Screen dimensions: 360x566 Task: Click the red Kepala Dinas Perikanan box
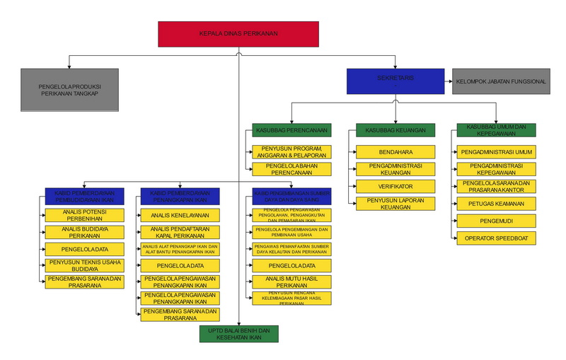pyautogui.click(x=238, y=33)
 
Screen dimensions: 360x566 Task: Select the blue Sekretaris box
pyautogui.click(x=395, y=80)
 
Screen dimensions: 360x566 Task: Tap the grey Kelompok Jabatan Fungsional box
pyautogui.click(x=501, y=81)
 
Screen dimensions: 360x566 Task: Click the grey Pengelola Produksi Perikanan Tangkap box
pyautogui.click(x=69, y=89)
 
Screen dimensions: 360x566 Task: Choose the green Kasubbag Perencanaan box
pyautogui.click(x=291, y=130)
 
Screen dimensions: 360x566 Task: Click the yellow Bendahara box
pyautogui.click(x=395, y=151)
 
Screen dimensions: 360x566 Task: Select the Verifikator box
pyautogui.click(x=395, y=186)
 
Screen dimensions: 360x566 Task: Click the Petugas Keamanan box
pyautogui.click(x=496, y=203)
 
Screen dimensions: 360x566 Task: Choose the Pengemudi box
pyautogui.click(x=496, y=221)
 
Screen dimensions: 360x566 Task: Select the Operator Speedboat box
pyautogui.click(x=496, y=238)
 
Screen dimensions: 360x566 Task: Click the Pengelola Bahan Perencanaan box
pyautogui.click(x=291, y=168)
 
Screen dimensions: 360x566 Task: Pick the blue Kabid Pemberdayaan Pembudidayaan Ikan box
pyautogui.click(x=84, y=195)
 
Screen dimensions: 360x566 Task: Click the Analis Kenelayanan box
pyautogui.click(x=179, y=214)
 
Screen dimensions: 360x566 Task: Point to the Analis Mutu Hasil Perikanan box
pyautogui.click(x=291, y=281)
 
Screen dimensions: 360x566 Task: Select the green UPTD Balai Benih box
pyautogui.click(x=238, y=334)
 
